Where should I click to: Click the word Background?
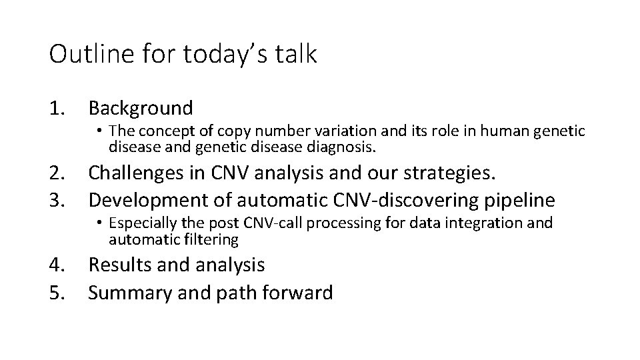click(x=141, y=107)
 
